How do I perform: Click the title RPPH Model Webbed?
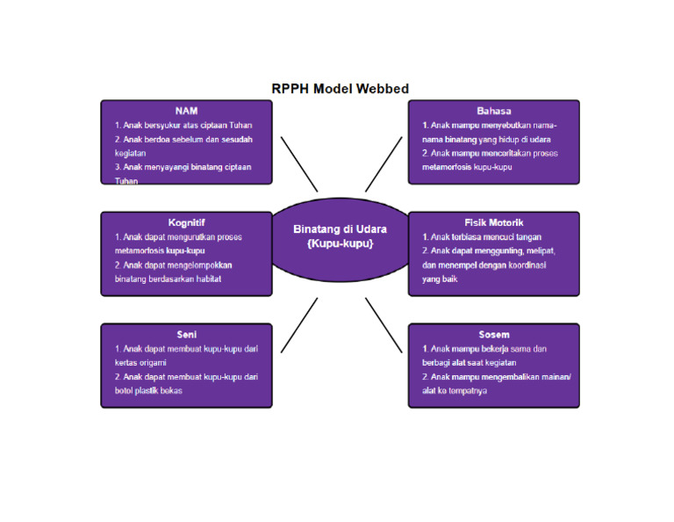(340, 89)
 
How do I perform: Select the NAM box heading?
(186, 111)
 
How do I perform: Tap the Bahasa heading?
(493, 111)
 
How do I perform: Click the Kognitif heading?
(186, 222)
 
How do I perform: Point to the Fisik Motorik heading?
(493, 222)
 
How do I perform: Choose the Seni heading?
(186, 334)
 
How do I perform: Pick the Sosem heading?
(493, 334)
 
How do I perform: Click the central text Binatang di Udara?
(340, 228)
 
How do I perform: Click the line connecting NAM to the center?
(299, 163)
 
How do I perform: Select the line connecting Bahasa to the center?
(384, 163)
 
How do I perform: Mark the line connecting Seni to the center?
(299, 325)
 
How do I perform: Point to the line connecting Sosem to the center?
(384, 325)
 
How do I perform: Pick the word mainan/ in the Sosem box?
(554, 376)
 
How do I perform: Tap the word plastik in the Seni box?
(153, 390)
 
